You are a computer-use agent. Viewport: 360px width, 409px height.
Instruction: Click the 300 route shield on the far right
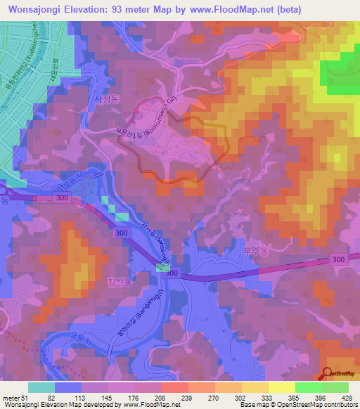(340, 260)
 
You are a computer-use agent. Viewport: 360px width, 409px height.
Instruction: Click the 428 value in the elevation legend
(347, 398)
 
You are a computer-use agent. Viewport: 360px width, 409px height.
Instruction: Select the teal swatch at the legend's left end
(41, 387)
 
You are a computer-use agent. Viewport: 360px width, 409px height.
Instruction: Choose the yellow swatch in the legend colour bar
(282, 387)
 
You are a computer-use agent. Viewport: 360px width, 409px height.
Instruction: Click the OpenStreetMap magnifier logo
(328, 372)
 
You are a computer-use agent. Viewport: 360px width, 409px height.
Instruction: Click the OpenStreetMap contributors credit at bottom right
(315, 405)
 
